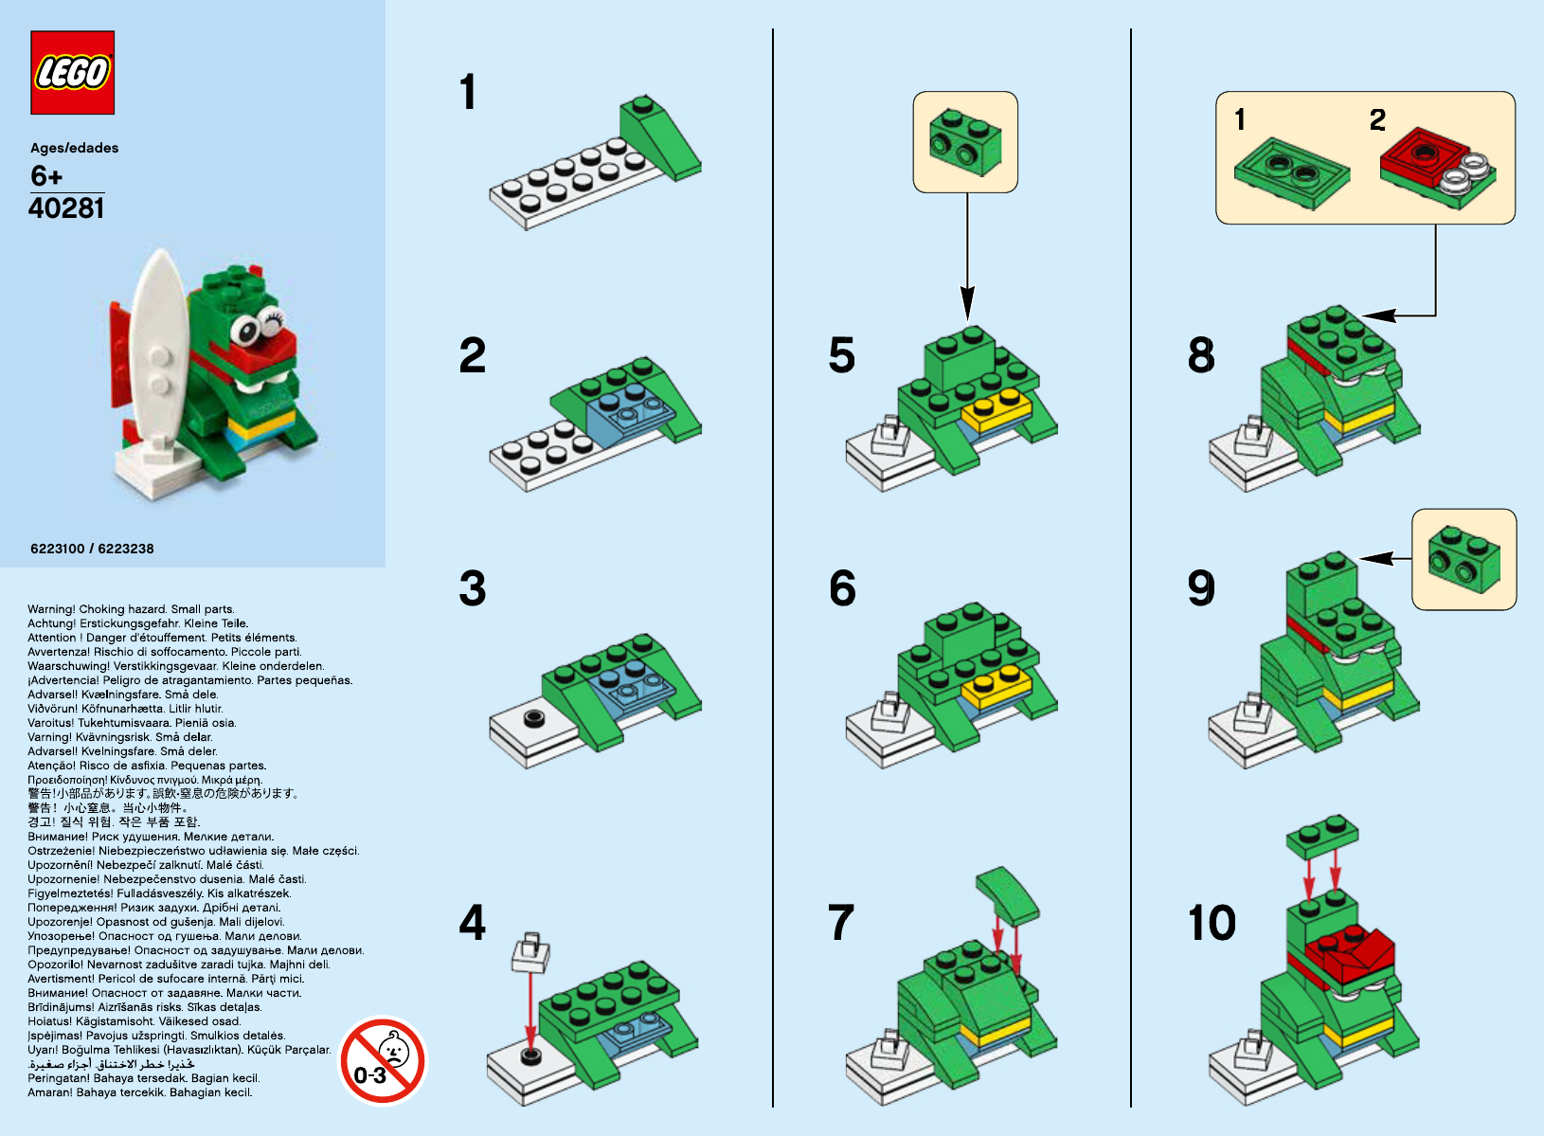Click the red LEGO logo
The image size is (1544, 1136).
[x=73, y=73]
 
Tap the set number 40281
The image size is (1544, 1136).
[x=66, y=208]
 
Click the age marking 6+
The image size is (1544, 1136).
[x=46, y=176]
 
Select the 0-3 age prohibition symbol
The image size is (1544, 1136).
[x=384, y=1061]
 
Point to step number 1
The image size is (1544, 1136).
[x=468, y=93]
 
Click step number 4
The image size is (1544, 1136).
[x=472, y=922]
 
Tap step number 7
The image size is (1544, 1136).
[x=841, y=922]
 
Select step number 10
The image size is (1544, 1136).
[x=1212, y=922]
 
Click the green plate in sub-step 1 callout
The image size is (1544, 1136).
[x=1291, y=172]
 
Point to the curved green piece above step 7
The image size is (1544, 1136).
[x=1007, y=894]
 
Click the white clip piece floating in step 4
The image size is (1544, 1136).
[x=531, y=952]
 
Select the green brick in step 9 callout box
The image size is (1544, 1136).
[x=1464, y=560]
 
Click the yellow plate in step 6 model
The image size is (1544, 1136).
[x=996, y=686]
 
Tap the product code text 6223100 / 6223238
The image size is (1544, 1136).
[x=92, y=549]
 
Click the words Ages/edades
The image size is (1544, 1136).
[x=75, y=148]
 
